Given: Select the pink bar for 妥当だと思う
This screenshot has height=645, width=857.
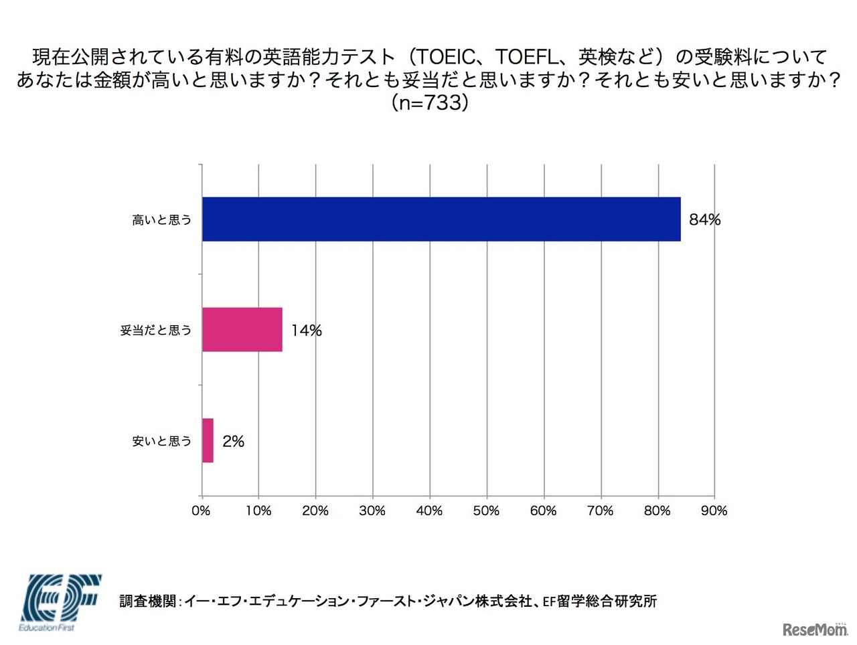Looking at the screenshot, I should [242, 329].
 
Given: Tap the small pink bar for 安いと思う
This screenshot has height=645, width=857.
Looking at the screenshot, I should [208, 440].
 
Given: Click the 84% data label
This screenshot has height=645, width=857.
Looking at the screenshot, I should [704, 219].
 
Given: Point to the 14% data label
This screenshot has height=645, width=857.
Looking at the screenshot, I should [306, 330].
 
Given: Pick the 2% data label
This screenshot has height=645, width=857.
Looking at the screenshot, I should [233, 441].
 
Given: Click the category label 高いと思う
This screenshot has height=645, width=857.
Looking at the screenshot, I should [161, 219].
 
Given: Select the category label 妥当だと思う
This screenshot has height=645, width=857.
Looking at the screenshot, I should [155, 330].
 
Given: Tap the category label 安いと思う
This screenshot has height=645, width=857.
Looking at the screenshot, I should [161, 441].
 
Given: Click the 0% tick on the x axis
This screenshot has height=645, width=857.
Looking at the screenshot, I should [201, 511].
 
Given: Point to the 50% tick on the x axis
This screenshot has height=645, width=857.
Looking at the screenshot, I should [486, 511].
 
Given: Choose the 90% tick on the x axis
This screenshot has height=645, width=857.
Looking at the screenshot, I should [714, 511].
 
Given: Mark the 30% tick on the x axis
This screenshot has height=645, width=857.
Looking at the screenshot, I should [372, 511].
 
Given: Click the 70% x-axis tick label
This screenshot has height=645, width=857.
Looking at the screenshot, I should [600, 511].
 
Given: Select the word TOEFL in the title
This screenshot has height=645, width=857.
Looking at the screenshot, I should [526, 57].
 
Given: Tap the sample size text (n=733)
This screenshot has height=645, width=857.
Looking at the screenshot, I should [428, 102].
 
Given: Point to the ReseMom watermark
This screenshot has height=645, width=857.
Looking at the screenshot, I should [815, 629].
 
